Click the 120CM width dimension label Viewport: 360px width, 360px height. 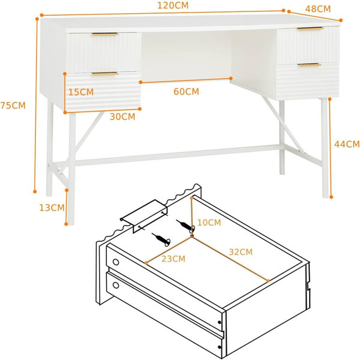pos(173,5)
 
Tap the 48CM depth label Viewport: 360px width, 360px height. pos(318,9)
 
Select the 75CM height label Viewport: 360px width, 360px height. pos(13,106)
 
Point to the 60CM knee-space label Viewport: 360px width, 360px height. pos(186,92)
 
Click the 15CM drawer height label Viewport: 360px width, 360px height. pos(81,92)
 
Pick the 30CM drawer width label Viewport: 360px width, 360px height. pos(122,117)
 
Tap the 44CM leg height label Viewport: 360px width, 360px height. pos(347,144)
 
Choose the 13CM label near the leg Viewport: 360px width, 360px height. pos(52,208)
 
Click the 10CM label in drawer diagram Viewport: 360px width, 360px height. pos(209,223)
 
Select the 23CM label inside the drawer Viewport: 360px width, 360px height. pos(173,259)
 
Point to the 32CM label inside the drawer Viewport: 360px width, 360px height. pos(241,252)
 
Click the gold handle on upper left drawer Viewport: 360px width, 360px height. pos(105,34)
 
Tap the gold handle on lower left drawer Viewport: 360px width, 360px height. pos(105,74)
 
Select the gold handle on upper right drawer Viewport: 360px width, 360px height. pos(310,29)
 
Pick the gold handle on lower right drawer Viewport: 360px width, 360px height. pos(309,65)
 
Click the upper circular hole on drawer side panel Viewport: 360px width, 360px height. pos(116,262)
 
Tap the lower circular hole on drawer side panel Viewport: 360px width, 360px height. pos(116,286)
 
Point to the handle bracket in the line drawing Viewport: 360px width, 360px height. pos(144,216)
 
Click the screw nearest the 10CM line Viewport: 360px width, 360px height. pos(185,226)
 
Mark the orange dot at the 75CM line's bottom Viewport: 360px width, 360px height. pos(35,191)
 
